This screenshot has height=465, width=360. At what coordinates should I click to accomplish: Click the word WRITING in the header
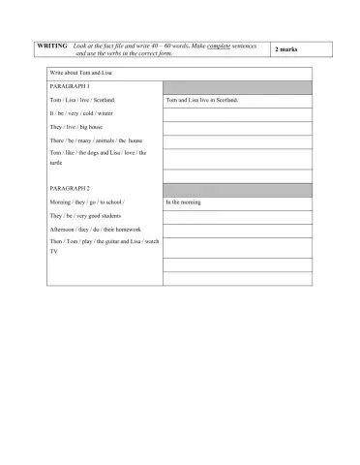tap(50, 46)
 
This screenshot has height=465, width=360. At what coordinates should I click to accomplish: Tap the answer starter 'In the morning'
tap(186, 202)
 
